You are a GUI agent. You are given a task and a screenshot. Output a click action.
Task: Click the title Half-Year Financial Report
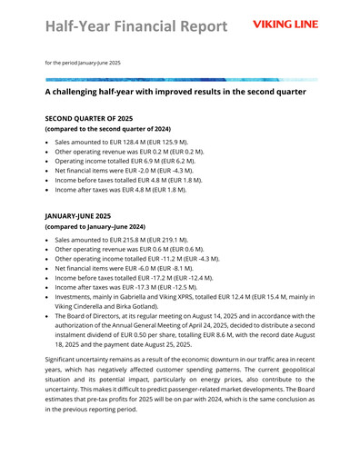point(136,26)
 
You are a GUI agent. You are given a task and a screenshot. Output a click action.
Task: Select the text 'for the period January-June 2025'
point(83,62)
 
